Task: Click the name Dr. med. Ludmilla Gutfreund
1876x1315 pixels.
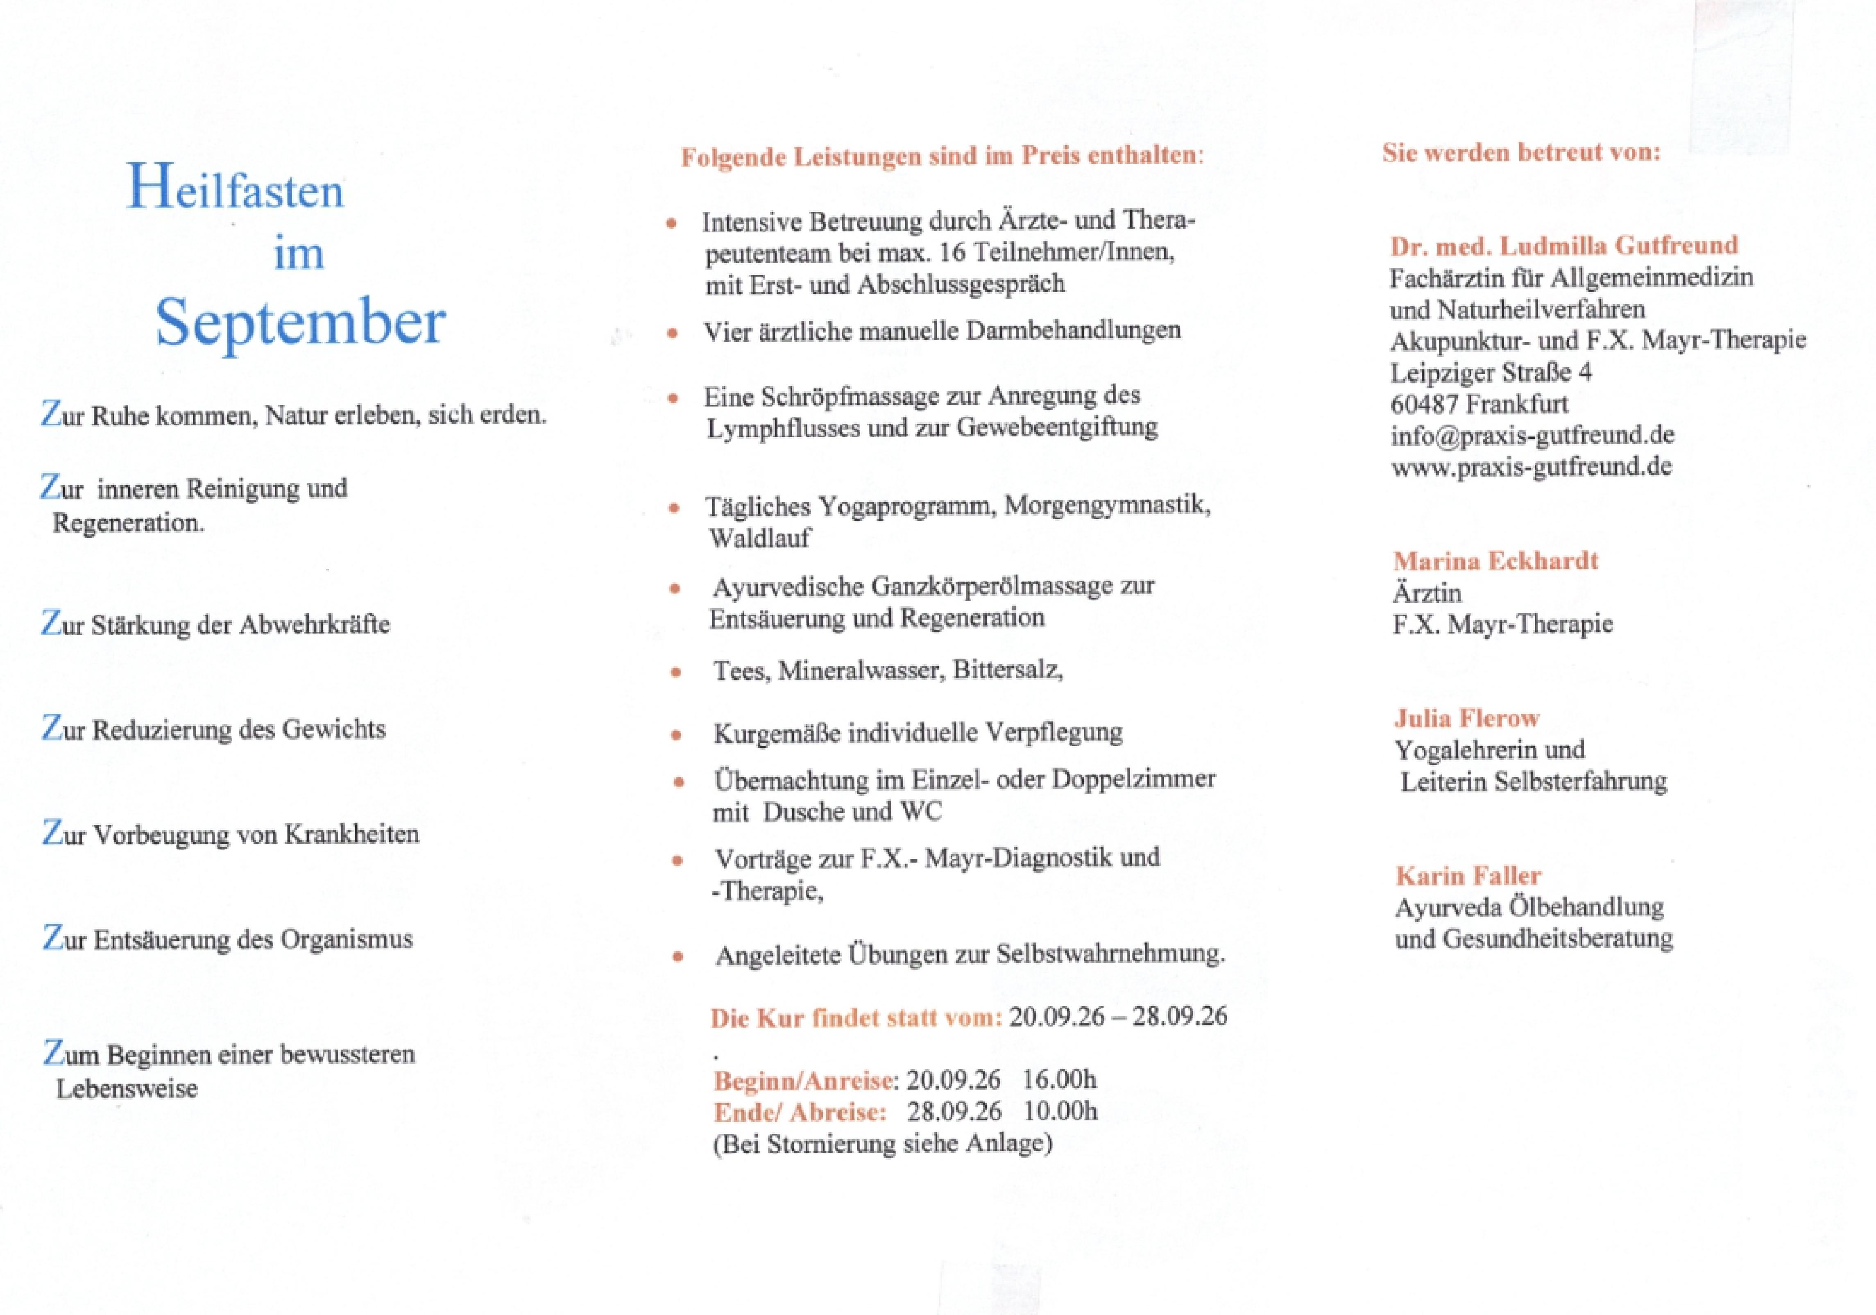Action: (1564, 245)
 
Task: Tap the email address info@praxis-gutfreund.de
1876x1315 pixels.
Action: (1532, 435)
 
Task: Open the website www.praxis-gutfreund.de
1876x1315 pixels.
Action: (1531, 467)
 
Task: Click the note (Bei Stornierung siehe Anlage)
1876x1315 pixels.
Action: (882, 1142)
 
